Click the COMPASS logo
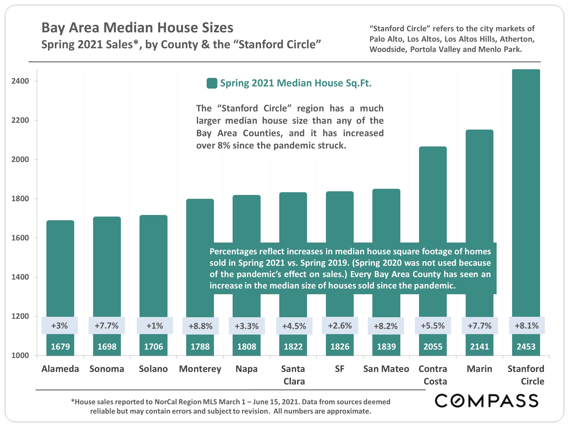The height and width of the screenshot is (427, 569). point(486,401)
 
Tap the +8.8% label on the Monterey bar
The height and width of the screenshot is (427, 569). point(200,326)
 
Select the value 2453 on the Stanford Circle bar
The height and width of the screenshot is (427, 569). point(526,346)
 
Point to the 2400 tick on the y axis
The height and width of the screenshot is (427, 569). point(20,81)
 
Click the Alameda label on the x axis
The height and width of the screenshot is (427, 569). point(60,369)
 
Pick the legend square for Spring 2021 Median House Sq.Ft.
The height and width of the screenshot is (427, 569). point(212,83)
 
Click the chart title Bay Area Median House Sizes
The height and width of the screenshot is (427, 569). point(137,28)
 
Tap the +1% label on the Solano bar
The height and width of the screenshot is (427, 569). point(155,326)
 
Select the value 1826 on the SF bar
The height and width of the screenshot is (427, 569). point(340,346)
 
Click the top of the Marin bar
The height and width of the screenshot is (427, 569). point(479,131)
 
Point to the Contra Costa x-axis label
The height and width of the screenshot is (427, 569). point(433,375)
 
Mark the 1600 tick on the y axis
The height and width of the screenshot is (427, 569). point(20,238)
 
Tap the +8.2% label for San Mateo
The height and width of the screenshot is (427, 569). point(386,326)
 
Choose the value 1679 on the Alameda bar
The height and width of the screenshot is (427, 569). point(60,346)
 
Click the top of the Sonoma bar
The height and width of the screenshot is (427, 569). point(107,218)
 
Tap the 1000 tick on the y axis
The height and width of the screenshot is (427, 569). point(20,355)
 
